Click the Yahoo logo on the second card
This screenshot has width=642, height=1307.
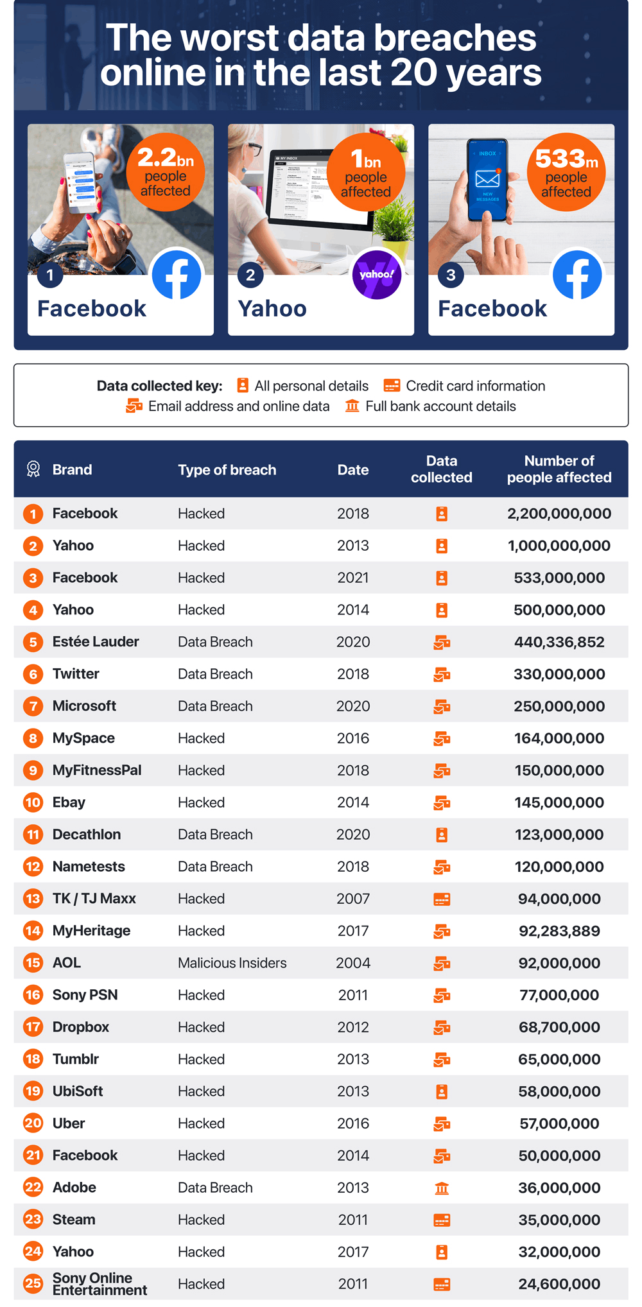point(377,275)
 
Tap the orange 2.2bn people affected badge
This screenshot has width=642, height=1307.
point(166,172)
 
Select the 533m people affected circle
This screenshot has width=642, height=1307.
point(566,172)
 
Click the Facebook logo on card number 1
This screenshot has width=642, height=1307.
point(177,275)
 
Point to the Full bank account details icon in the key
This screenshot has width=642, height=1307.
point(352,406)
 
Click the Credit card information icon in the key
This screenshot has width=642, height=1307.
point(392,385)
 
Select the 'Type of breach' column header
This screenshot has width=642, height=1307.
point(227,470)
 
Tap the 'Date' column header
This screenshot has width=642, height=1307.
point(353,470)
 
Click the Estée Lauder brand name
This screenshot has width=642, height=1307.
point(96,642)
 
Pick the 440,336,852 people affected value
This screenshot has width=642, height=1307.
point(559,642)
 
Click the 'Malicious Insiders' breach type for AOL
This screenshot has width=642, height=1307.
point(232,963)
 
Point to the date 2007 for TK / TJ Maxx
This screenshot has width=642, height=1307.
point(353,899)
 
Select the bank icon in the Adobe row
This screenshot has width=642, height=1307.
point(442,1188)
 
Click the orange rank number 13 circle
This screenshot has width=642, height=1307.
point(33,899)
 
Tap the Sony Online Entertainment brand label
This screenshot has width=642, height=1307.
point(99,1284)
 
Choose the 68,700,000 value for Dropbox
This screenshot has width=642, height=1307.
point(559,1027)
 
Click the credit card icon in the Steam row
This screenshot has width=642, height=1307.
point(442,1220)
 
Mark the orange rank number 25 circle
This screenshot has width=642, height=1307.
point(33,1284)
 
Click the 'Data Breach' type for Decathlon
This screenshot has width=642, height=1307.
point(215,835)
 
